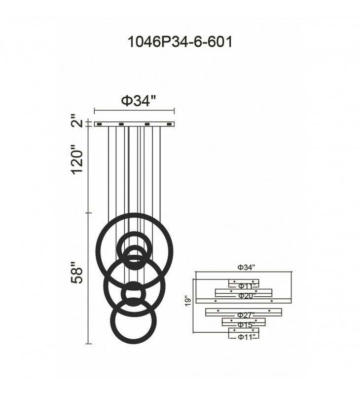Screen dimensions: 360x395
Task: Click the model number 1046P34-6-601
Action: (180, 42)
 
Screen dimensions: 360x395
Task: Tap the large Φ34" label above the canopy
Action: (139, 101)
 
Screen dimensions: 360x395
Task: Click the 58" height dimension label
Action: (77, 273)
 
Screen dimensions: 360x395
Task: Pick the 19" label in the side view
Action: (188, 301)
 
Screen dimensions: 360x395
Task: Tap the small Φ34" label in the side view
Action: (247, 267)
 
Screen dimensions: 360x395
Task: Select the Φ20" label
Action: (247, 295)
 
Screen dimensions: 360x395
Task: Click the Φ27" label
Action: (246, 315)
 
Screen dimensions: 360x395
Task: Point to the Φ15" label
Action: (247, 325)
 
